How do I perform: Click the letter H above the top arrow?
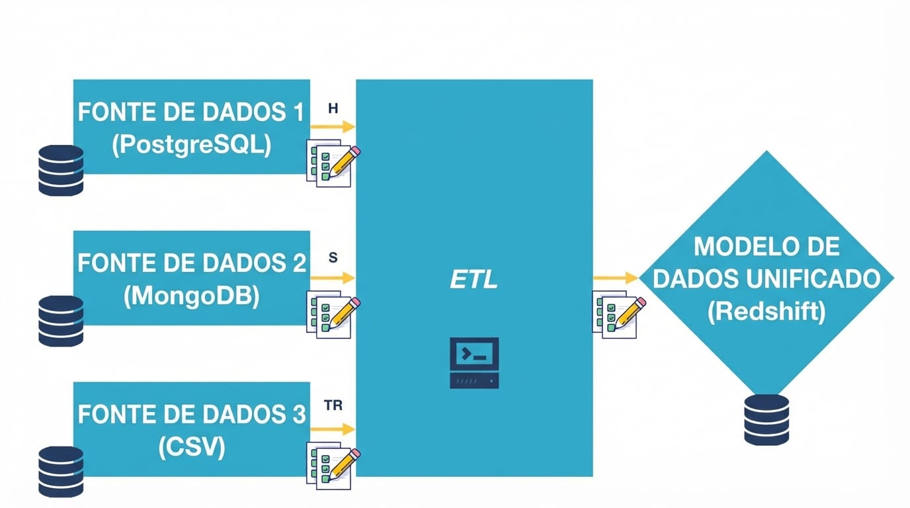click(x=333, y=108)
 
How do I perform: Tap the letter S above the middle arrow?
click(x=333, y=258)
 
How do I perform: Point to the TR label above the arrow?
click(x=333, y=405)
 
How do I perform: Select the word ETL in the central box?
click(x=474, y=280)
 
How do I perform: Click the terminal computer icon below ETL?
click(x=474, y=362)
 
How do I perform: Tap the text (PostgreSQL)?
click(x=191, y=145)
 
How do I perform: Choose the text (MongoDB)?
click(x=191, y=296)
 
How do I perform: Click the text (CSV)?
click(x=192, y=447)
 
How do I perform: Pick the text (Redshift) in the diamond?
click(x=766, y=311)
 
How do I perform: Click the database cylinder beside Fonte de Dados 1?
click(x=61, y=171)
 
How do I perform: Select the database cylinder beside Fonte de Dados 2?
click(x=61, y=321)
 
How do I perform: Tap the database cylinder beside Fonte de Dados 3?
click(x=61, y=472)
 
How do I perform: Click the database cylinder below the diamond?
click(x=766, y=420)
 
